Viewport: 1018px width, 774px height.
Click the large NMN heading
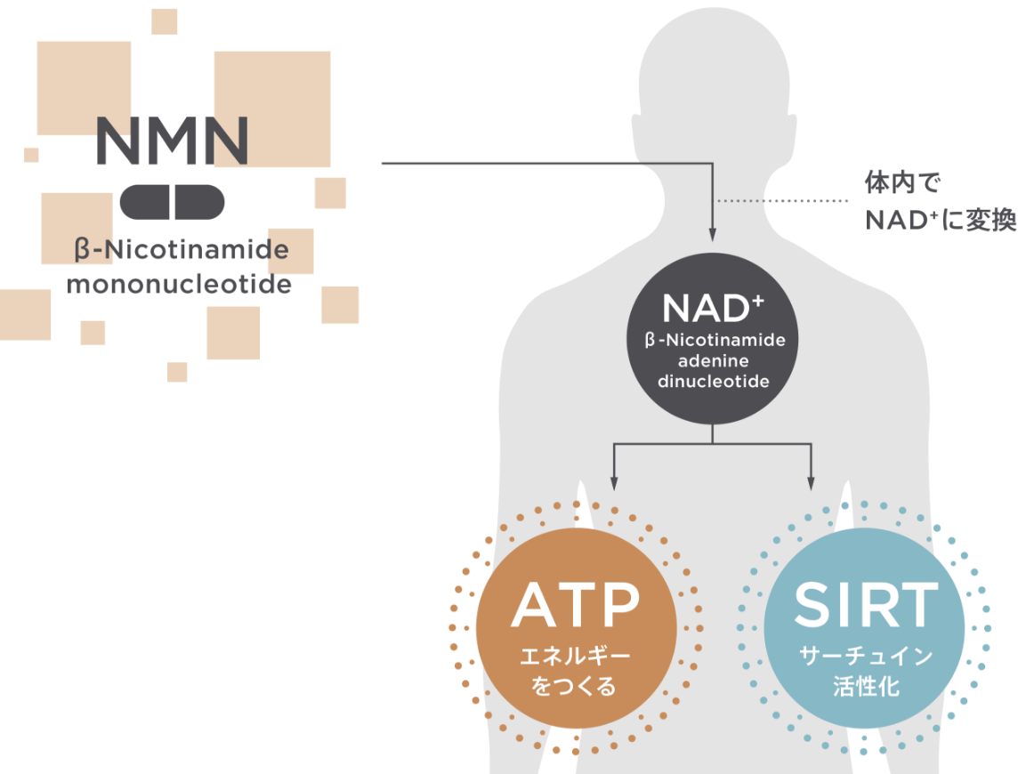(x=172, y=141)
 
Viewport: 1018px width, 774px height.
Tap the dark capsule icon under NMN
(x=172, y=202)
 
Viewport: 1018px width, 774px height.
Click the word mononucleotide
(x=179, y=285)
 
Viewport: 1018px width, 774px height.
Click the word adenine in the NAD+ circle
(x=714, y=361)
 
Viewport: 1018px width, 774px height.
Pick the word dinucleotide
(x=714, y=382)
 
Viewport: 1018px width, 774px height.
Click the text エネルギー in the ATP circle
(x=575, y=657)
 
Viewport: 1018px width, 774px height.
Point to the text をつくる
(x=575, y=687)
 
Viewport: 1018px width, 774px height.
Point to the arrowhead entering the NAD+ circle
(x=713, y=233)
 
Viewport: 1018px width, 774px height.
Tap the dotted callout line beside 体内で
(x=783, y=201)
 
